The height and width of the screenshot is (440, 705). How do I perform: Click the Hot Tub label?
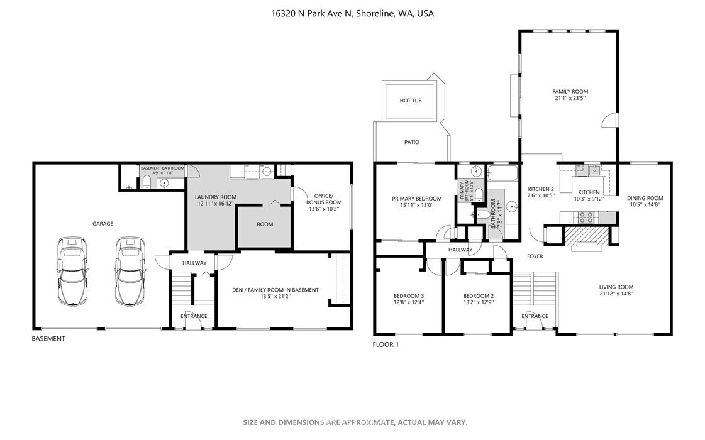tap(411, 101)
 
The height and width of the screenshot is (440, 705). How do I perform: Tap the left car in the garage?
tap(72, 272)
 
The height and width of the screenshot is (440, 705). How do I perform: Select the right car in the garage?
tap(130, 272)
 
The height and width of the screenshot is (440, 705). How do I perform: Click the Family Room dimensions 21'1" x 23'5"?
tap(570, 97)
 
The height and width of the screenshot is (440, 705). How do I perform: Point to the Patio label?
tap(411, 142)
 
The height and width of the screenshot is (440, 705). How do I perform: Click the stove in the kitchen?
tap(586, 217)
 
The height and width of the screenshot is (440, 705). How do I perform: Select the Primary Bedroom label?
tap(417, 199)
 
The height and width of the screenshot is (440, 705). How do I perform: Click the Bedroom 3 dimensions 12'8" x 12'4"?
tap(409, 302)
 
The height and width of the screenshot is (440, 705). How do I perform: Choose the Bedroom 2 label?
tap(479, 296)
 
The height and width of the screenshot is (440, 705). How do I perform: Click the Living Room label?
tap(616, 287)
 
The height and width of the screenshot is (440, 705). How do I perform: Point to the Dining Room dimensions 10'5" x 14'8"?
tap(645, 204)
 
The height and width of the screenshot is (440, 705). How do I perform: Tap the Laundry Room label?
tap(215, 197)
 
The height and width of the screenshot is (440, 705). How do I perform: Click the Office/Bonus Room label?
tap(324, 199)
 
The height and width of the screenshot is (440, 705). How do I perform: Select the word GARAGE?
tap(103, 224)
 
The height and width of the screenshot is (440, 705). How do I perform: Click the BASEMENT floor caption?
tap(48, 339)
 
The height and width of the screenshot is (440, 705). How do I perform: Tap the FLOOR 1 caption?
tap(386, 344)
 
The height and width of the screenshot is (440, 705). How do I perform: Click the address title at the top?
tap(352, 13)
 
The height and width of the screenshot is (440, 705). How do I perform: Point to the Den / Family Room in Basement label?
tap(275, 290)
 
